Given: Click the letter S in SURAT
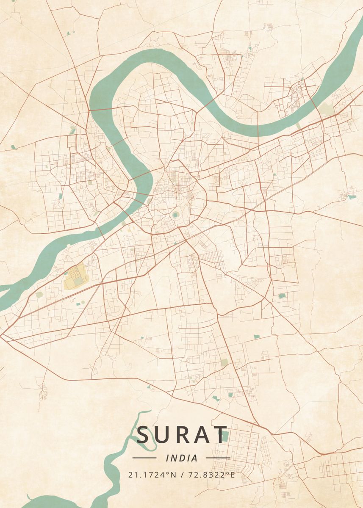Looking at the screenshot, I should tap(144, 435).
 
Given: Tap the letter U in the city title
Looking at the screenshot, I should tap(163, 435).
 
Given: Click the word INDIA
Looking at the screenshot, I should tap(182, 458).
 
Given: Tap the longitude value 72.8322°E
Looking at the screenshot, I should tap(211, 475).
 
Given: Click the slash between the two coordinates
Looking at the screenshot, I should tap(183, 475).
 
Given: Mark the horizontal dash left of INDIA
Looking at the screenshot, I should tap(144, 458).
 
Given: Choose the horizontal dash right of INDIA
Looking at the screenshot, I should tap(218, 458).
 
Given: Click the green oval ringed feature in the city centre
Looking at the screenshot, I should tap(175, 215).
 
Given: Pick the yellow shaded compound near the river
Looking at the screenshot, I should tap(74, 276).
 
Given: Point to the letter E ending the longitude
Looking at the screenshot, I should tap(233, 475).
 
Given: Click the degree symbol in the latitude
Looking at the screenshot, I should tap(169, 472).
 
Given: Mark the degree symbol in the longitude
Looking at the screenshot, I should tap(228, 472).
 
